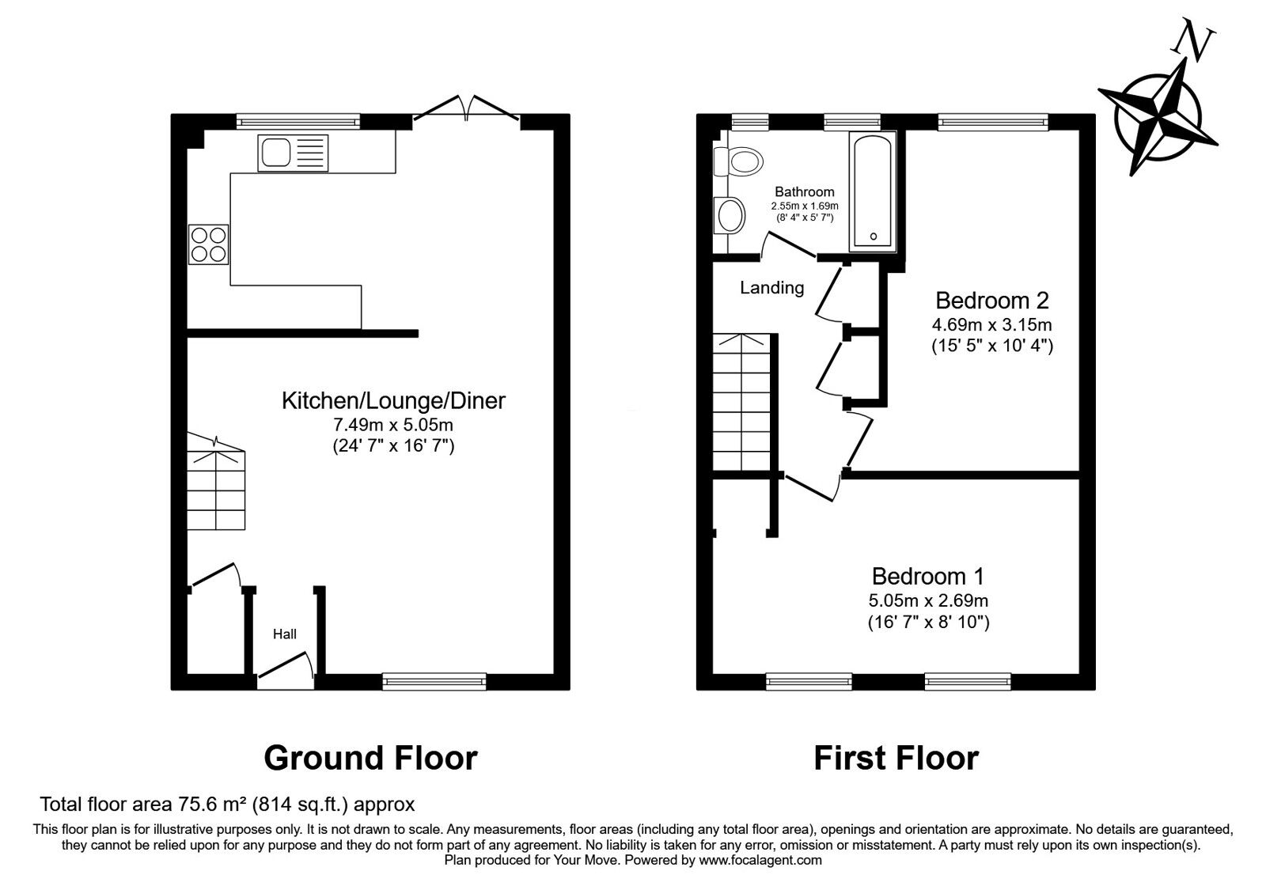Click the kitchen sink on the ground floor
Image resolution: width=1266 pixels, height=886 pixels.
pyautogui.click(x=293, y=153)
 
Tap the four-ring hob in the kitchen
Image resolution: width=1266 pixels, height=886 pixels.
pyautogui.click(x=209, y=244)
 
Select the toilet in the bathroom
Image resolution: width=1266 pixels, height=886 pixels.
pyautogui.click(x=738, y=161)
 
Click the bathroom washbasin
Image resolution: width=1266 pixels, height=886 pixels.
pyautogui.click(x=729, y=215)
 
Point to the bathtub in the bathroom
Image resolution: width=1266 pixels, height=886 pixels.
pyautogui.click(x=873, y=191)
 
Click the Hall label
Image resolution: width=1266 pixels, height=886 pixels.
pyautogui.click(x=284, y=634)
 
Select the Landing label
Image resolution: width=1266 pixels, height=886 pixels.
pyautogui.click(x=772, y=288)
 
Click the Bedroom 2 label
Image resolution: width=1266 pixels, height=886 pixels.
pyautogui.click(x=992, y=301)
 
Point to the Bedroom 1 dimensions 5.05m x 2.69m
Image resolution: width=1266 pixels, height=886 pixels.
pyautogui.click(x=929, y=600)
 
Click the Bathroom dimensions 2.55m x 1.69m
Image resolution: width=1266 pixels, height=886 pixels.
pyautogui.click(x=805, y=206)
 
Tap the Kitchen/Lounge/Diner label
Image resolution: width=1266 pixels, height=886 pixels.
pyautogui.click(x=393, y=400)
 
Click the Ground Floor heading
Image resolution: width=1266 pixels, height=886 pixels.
pyautogui.click(x=371, y=758)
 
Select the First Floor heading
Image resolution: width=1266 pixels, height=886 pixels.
pyautogui.click(x=896, y=758)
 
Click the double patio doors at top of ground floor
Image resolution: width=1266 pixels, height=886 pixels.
pyautogui.click(x=467, y=108)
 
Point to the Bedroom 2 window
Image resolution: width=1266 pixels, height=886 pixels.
pyautogui.click(x=993, y=122)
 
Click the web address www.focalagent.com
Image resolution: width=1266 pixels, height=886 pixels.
pyautogui.click(x=760, y=861)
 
